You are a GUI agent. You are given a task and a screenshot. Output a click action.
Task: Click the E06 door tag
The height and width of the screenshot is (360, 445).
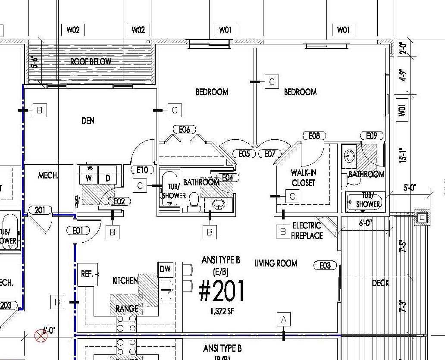(x=184, y=129)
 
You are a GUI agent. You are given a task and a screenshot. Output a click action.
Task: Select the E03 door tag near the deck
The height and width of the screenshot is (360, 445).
(x=325, y=265)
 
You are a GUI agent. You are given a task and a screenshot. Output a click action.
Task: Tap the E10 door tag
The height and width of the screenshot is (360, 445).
(x=142, y=170)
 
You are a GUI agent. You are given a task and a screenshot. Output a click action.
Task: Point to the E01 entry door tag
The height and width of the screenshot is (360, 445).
(x=78, y=231)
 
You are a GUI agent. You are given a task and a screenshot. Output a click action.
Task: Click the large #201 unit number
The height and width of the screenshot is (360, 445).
(x=222, y=291)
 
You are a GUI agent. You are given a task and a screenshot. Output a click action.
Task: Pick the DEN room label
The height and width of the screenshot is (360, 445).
(x=88, y=121)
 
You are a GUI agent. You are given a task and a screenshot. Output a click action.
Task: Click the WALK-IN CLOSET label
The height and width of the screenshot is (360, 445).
(x=304, y=178)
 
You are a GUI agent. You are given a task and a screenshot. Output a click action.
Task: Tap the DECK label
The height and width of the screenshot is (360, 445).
(x=380, y=283)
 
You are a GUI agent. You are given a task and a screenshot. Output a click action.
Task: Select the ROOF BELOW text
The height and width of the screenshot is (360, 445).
(x=91, y=62)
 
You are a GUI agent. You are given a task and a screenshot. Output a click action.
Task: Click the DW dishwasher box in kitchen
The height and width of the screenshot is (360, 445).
(x=165, y=269)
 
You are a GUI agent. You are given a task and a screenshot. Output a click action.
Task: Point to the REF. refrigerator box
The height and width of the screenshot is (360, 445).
(x=87, y=274)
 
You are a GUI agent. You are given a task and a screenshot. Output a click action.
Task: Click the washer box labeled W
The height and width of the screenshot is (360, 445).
(x=88, y=178)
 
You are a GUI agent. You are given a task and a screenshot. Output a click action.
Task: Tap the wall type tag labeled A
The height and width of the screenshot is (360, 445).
(x=283, y=319)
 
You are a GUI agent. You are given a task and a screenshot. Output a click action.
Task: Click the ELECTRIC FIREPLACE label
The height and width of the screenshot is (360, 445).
(x=307, y=231)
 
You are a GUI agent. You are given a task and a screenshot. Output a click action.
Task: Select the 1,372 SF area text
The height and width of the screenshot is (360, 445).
(x=222, y=311)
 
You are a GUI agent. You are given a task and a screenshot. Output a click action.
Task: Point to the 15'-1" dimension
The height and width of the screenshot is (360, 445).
(x=403, y=156)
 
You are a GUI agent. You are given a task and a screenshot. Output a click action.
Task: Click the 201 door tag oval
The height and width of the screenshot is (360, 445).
(x=40, y=210)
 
